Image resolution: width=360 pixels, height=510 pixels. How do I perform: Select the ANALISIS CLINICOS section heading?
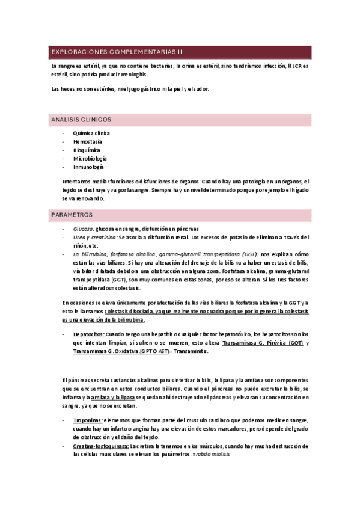[x=81, y=120]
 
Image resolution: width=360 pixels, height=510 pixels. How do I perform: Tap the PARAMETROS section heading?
[x=72, y=214]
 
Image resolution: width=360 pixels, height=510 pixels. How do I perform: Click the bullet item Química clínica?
[x=91, y=133]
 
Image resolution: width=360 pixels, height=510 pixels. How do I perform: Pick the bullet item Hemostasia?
[x=87, y=141]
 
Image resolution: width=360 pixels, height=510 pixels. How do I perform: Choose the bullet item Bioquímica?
[x=87, y=150]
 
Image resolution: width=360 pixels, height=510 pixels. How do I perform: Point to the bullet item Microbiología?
[x=90, y=158]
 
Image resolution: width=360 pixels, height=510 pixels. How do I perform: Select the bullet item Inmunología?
[x=88, y=167]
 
